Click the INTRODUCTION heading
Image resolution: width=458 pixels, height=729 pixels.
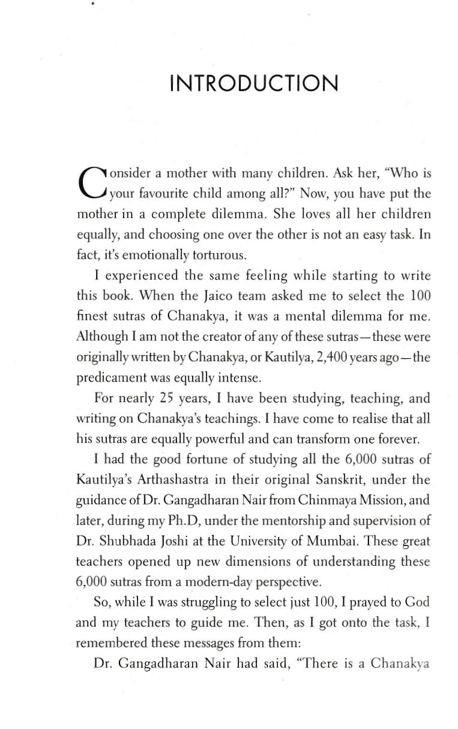coord(253,83)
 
